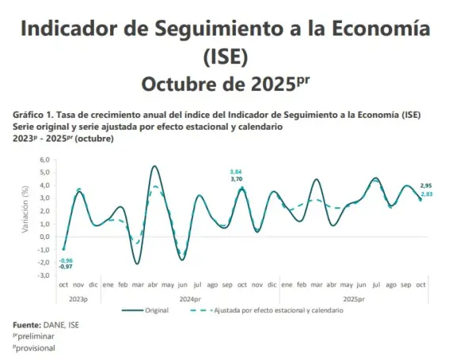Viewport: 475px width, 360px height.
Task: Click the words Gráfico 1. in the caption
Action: tap(33, 115)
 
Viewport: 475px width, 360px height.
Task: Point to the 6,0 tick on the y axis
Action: tap(44, 160)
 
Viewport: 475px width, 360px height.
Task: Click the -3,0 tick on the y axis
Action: tap(44, 275)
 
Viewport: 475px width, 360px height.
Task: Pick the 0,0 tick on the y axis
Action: tap(44, 237)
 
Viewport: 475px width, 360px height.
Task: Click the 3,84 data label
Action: tap(235, 172)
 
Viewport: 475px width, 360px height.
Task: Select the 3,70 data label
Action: tap(235, 180)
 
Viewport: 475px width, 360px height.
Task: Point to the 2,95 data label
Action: tap(426, 185)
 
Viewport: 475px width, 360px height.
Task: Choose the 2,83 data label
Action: tap(426, 193)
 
